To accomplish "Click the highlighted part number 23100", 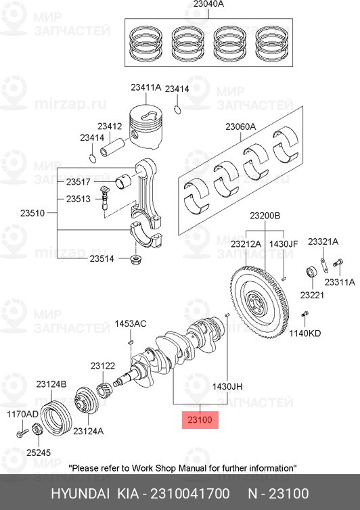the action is click(200, 419).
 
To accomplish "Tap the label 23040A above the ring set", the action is click(208, 4).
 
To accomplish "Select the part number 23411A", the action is click(145, 87).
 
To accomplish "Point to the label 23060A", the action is click(240, 126).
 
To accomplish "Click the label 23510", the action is click(32, 213).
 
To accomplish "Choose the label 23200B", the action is click(265, 216).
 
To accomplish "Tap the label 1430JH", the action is click(227, 386).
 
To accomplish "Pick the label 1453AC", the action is click(131, 323).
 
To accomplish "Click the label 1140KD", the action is click(305, 333).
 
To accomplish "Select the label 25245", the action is click(39, 453).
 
